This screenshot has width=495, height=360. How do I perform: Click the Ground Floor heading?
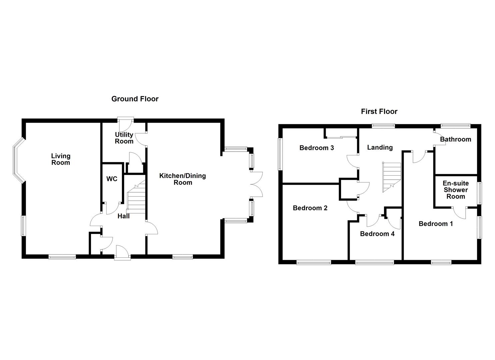135,99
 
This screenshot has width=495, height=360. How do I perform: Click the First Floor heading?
379,111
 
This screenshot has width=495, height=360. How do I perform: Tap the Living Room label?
61,159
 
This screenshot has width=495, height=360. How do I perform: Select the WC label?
112,179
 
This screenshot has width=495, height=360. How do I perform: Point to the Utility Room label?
124,138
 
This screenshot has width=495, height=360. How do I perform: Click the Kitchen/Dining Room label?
182,179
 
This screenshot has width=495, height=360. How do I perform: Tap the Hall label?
123,216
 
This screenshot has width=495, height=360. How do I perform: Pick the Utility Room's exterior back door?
125,124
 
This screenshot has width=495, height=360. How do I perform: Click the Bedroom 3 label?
317,148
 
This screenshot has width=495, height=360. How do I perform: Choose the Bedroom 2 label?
310,208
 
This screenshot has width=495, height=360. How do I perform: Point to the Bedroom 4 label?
377,234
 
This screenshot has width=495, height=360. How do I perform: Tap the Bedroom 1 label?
436,224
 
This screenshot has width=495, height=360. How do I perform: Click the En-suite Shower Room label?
455,190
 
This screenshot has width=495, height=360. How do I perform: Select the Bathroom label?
455,139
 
